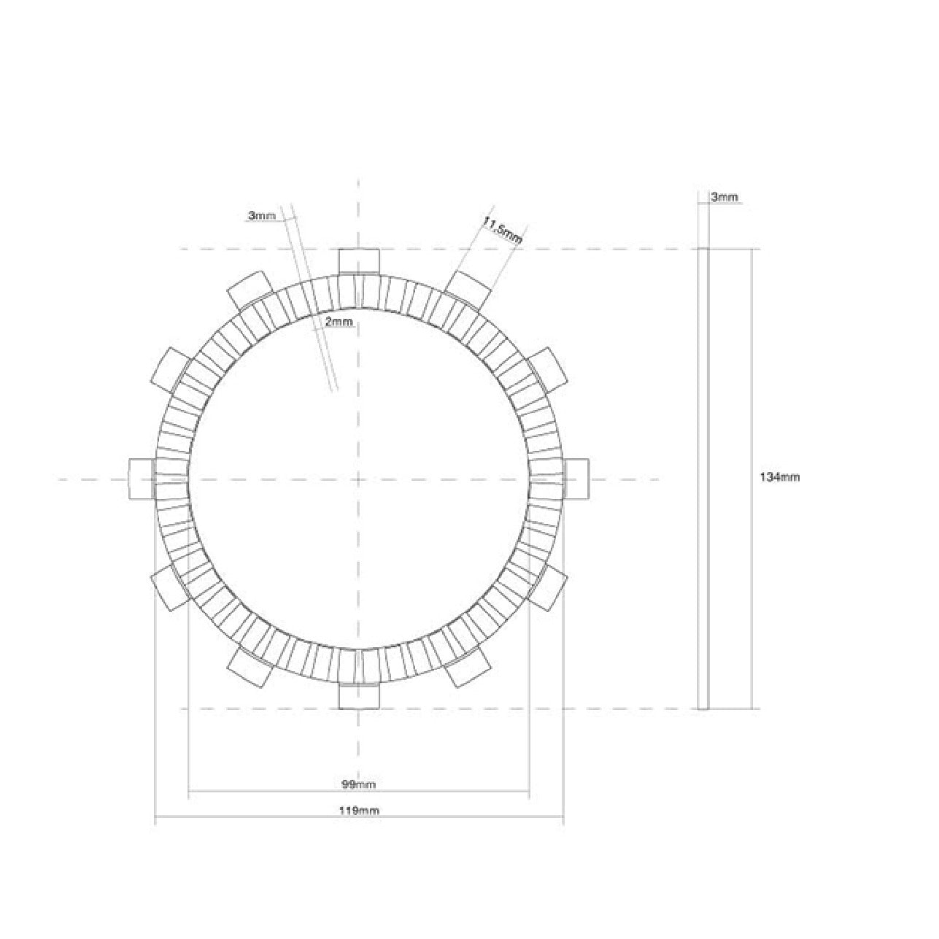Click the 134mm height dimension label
(780, 478)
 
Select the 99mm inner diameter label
(358, 784)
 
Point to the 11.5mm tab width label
(502, 230)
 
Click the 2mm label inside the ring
(339, 322)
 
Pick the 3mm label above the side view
(724, 197)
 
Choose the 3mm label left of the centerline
(262, 215)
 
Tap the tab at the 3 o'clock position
(576, 479)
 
